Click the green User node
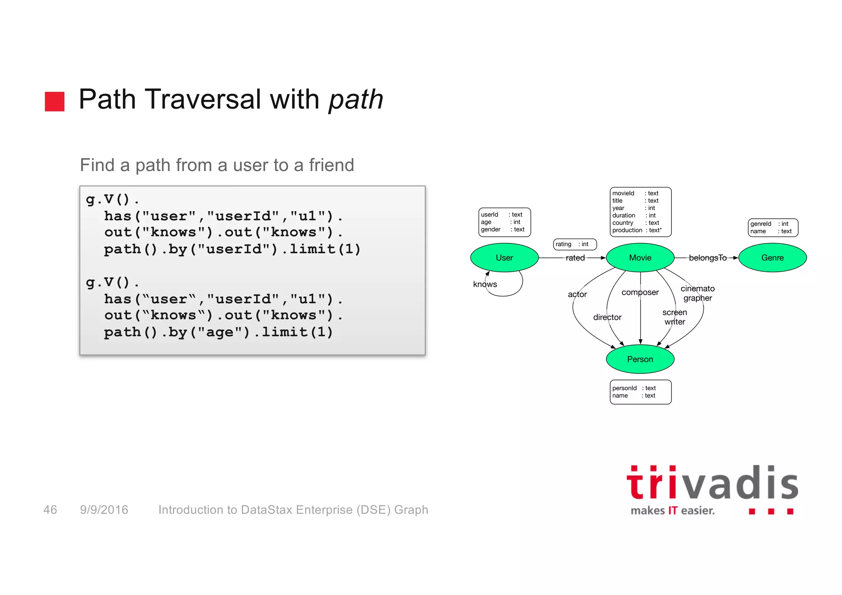504,258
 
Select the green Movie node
640,258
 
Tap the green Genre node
772,258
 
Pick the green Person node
640,359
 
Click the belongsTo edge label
707,258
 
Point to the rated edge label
575,258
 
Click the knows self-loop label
485,284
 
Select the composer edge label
640,292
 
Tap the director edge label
607,317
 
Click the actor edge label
577,294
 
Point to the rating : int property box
574,244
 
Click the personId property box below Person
640,392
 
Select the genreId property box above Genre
773,227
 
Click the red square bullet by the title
55,101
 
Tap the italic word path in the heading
356,100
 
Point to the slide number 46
50,510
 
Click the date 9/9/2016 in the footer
104,510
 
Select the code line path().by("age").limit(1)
218,332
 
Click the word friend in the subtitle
331,165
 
